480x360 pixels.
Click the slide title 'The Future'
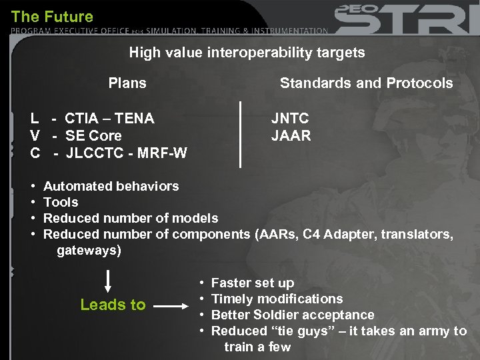click(x=53, y=16)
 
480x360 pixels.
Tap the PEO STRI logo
click(x=407, y=19)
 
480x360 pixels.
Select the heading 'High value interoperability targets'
click(x=247, y=53)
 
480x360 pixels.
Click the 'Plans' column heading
click(x=127, y=83)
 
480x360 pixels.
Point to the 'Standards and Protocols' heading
click(x=366, y=83)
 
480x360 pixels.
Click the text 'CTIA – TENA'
click(x=109, y=119)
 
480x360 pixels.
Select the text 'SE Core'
click(x=93, y=136)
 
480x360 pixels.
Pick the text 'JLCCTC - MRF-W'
click(x=127, y=153)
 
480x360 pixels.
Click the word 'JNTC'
click(x=290, y=119)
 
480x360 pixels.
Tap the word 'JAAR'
click(x=291, y=136)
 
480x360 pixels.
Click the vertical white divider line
click(x=240, y=133)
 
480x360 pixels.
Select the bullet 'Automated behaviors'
click(x=111, y=186)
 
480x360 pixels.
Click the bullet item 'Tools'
click(x=61, y=202)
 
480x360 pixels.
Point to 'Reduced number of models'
click(x=131, y=218)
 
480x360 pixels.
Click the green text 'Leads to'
click(x=113, y=305)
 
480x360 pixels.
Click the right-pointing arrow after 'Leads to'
click(x=175, y=307)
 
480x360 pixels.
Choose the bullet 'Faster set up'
click(x=252, y=283)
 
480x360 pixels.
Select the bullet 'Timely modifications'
click(x=277, y=299)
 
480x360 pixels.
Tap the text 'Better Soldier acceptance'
click(x=293, y=315)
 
